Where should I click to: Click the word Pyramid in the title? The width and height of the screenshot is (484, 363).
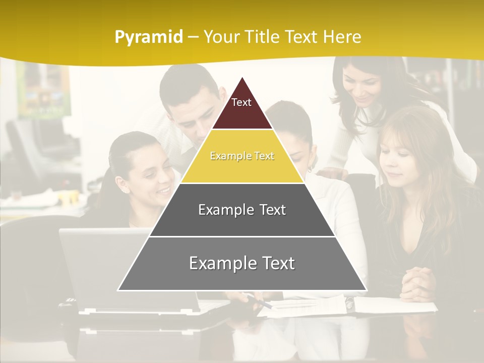pyautogui.click(x=149, y=37)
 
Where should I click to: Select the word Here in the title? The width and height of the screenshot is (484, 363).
pyautogui.click(x=342, y=37)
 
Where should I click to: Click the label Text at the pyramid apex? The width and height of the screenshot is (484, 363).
pyautogui.click(x=241, y=102)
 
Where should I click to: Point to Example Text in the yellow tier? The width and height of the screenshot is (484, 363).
pyautogui.click(x=242, y=156)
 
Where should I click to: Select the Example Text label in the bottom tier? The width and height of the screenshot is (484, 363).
pyautogui.click(x=242, y=263)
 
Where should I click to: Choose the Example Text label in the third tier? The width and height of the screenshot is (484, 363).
pyautogui.click(x=242, y=210)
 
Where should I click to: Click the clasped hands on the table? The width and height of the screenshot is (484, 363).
pyautogui.click(x=418, y=284)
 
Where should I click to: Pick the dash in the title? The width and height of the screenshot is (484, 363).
pyautogui.click(x=193, y=37)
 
